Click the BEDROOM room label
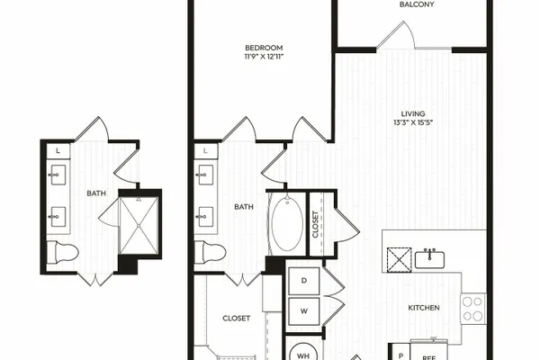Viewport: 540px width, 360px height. [x=264, y=48]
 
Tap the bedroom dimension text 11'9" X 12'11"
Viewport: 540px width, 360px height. [x=264, y=57]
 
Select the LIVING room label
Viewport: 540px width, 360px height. [x=413, y=113]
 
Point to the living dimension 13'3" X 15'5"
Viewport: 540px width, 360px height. [x=413, y=122]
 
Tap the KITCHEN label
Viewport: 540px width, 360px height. [x=424, y=308]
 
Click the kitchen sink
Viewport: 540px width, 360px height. [x=429, y=259]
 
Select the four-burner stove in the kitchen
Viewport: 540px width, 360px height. [x=473, y=309]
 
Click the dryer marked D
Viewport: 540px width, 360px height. [x=304, y=281]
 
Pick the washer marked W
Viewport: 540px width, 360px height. [x=304, y=311]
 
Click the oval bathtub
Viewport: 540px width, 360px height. [x=287, y=223]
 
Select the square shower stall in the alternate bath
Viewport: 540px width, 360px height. [x=139, y=226]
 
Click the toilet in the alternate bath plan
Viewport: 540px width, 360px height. [x=63, y=252]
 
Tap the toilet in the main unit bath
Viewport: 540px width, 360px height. [x=210, y=252]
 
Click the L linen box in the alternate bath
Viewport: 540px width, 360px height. [x=58, y=151]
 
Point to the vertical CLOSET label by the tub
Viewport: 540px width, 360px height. [x=315, y=224]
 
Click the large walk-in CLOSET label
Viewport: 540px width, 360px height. [x=236, y=319]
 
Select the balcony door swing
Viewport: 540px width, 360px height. [x=396, y=35]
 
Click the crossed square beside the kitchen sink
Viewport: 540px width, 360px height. [x=399, y=259]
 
